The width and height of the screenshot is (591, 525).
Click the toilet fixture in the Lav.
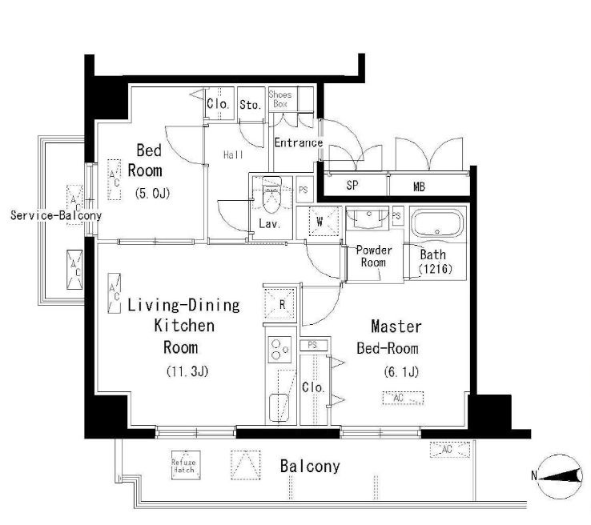[x=271, y=195]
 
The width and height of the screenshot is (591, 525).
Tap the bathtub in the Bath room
[x=437, y=223]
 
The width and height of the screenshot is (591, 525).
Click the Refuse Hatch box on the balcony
[x=186, y=465]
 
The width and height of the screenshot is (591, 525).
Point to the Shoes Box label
[x=280, y=99]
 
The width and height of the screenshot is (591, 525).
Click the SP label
[x=352, y=186]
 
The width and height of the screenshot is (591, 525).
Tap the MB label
[x=419, y=186]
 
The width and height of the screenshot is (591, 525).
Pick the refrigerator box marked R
[x=280, y=304]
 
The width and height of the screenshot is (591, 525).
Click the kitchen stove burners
[x=279, y=350]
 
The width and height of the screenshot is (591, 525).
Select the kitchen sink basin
[x=279, y=408]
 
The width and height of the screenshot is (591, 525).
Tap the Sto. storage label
[x=251, y=105]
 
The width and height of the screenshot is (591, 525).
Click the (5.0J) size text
[x=152, y=194]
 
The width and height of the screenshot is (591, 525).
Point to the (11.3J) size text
[x=187, y=371]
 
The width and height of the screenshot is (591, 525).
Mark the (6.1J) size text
[x=401, y=372]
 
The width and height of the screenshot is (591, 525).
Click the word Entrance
[x=298, y=142]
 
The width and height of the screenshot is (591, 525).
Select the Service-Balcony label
[x=56, y=215]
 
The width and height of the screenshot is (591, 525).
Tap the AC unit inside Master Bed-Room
[x=403, y=398]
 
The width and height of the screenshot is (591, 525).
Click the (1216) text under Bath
[x=436, y=269]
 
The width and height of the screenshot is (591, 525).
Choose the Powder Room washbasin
[x=368, y=218]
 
